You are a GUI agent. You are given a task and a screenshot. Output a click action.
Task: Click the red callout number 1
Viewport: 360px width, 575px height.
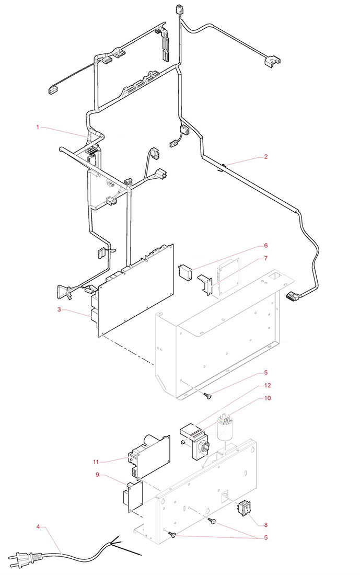click(38, 127)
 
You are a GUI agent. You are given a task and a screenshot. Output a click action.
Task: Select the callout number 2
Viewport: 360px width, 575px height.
click(266, 157)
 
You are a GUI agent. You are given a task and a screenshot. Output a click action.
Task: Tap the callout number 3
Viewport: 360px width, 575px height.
click(59, 309)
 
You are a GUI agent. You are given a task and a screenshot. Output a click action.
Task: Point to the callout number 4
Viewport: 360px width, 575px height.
click(38, 526)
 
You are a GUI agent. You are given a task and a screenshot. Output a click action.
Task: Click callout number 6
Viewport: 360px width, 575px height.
click(266, 245)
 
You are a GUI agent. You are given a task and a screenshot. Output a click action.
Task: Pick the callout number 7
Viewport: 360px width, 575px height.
click(266, 258)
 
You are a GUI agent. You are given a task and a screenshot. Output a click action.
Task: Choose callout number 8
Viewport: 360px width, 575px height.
click(266, 525)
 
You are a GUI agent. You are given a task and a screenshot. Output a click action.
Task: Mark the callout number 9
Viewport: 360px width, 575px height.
click(98, 475)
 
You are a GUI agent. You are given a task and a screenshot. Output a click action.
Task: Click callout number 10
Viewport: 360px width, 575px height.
click(268, 398)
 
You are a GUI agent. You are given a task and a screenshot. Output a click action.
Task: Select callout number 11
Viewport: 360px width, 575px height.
click(96, 462)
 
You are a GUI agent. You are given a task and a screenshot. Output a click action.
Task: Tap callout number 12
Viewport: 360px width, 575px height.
click(268, 385)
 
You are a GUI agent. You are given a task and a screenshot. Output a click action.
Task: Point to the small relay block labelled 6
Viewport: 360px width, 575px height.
click(185, 272)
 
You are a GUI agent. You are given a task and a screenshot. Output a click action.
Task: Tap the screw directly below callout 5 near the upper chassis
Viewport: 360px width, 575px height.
click(207, 395)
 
